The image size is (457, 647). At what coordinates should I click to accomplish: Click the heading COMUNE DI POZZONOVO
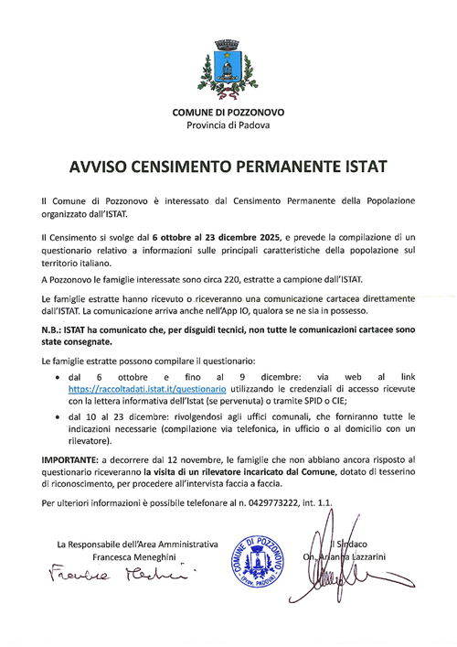228,112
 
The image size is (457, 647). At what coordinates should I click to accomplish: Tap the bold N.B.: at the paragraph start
54,329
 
